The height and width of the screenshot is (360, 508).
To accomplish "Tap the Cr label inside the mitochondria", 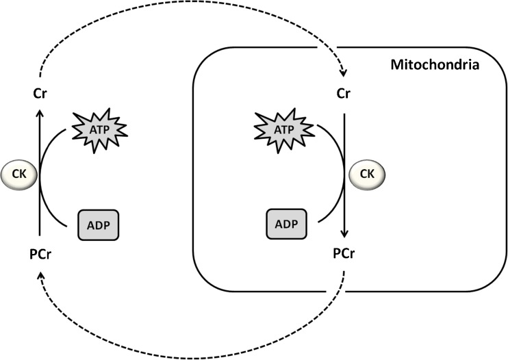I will coord(344,91).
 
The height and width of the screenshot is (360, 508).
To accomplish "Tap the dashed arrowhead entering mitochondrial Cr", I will coord(343,74).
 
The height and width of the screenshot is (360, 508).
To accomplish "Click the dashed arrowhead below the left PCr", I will coord(40,274).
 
